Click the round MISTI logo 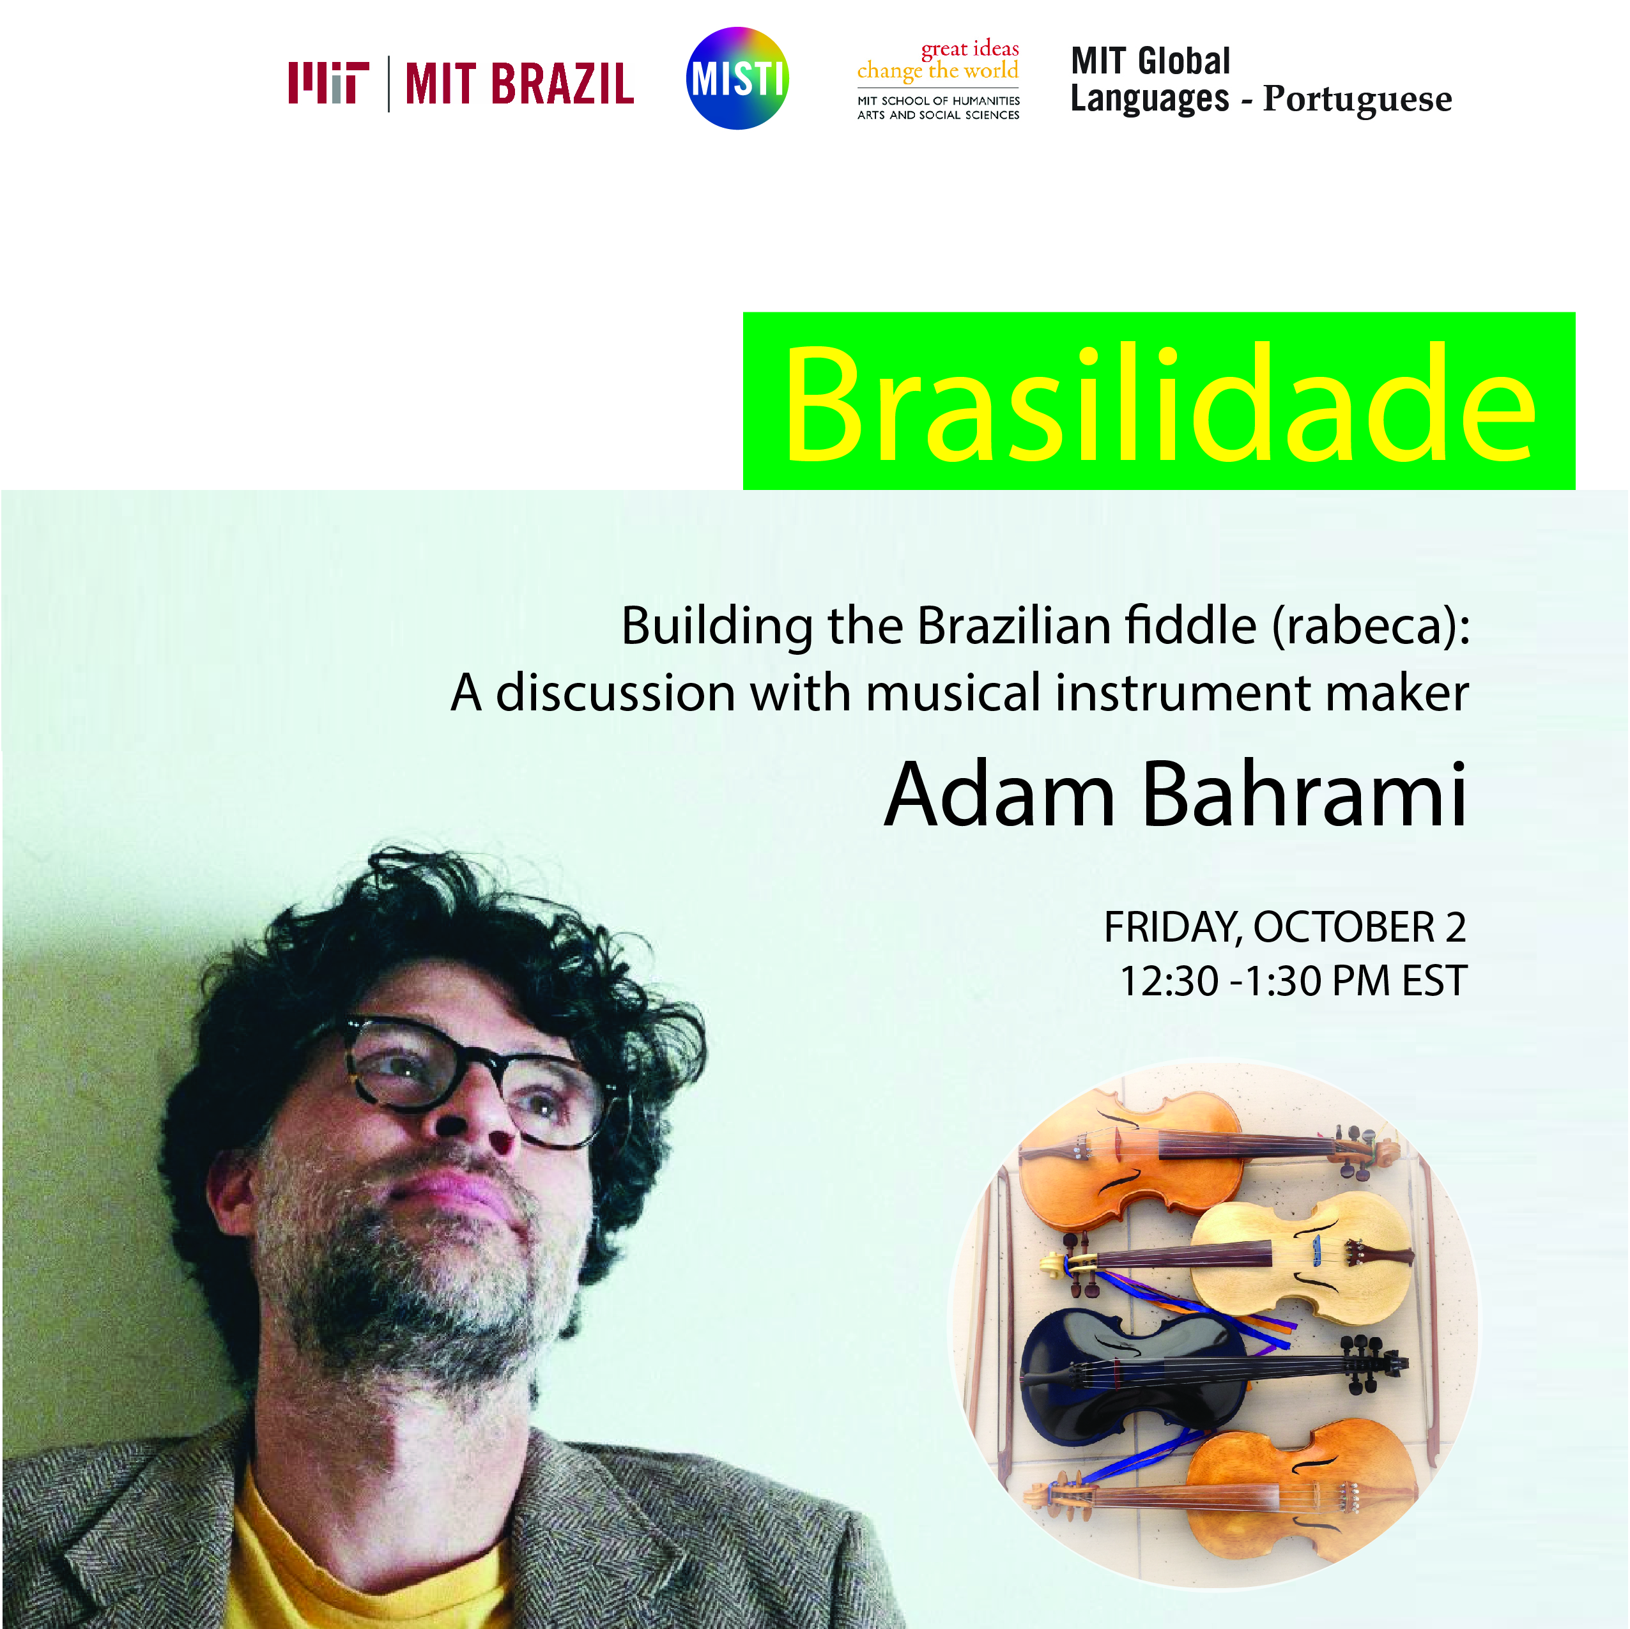tap(737, 79)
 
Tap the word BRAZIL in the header tap(562, 84)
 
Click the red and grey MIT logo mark tap(328, 82)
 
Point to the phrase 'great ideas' tap(969, 49)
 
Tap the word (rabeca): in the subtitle tap(1371, 627)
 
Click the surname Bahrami tap(1304, 794)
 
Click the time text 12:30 tap(1169, 981)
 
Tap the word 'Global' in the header tap(1185, 61)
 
